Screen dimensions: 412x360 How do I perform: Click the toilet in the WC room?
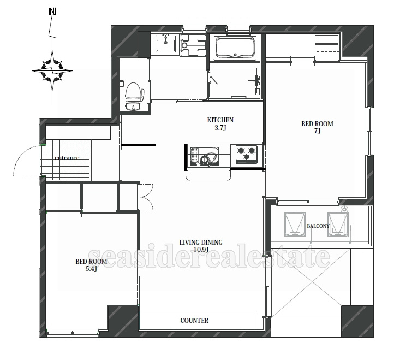click(x=134, y=97)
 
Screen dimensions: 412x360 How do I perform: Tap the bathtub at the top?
click(x=235, y=48)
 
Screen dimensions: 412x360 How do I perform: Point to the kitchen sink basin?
click(x=205, y=156)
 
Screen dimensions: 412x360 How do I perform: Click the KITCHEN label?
click(x=220, y=120)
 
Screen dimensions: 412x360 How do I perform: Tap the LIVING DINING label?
click(x=201, y=242)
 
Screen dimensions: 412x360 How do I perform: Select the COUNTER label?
click(x=194, y=320)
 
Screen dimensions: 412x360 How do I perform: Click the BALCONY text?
click(x=318, y=226)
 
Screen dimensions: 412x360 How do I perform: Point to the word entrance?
click(x=67, y=158)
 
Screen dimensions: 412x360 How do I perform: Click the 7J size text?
click(x=317, y=131)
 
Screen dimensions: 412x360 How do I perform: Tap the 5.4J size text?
click(x=91, y=268)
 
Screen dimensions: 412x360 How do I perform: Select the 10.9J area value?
click(x=201, y=249)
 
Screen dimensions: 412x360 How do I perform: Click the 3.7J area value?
click(x=220, y=128)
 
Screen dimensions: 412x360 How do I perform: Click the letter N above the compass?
click(x=52, y=11)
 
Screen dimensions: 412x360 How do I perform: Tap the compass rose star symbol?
click(x=52, y=70)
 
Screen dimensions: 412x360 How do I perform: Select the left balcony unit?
click(x=295, y=224)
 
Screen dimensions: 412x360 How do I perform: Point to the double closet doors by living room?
click(x=146, y=197)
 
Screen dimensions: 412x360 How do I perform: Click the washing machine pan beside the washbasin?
click(x=193, y=45)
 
